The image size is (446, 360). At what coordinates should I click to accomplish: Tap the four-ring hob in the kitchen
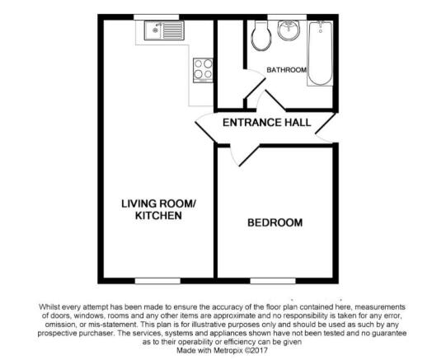(x=201, y=69)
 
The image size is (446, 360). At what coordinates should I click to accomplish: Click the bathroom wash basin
(x=289, y=31)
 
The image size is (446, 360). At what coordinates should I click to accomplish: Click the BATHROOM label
(x=286, y=70)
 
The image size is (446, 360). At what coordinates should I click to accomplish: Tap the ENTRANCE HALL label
(x=267, y=123)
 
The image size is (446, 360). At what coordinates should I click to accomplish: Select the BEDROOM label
(x=275, y=222)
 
